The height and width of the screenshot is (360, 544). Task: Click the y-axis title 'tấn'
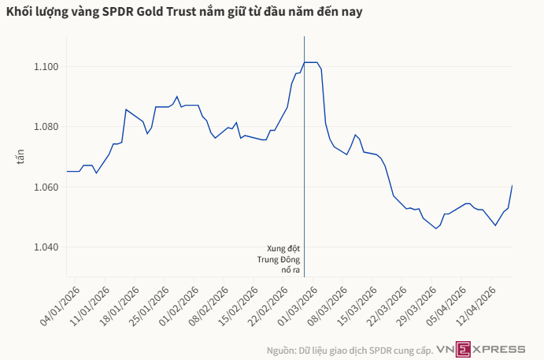(x=21, y=157)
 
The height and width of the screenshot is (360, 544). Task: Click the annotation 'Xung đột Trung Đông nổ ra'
(x=283, y=258)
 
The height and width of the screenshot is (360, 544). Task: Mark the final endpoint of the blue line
(x=512, y=186)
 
